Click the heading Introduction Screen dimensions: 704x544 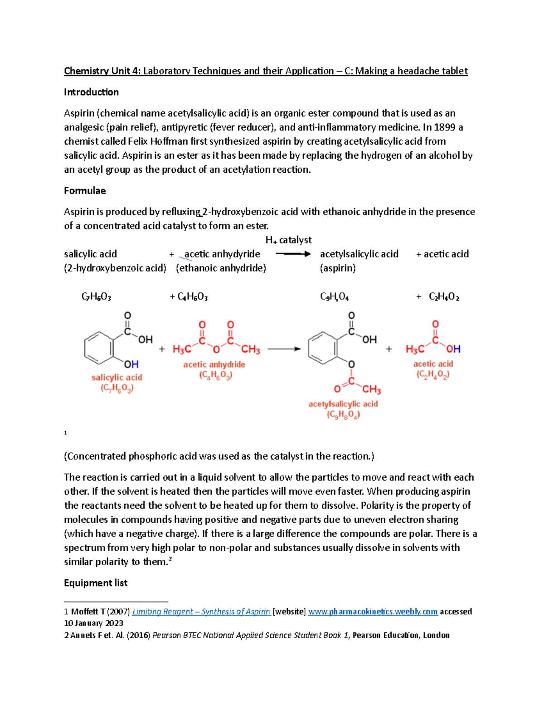pos(91,92)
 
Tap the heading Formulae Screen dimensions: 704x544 pos(85,190)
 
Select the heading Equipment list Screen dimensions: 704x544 pos(96,583)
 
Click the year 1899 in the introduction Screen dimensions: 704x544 pos(444,127)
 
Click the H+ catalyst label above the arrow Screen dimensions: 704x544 pos(288,240)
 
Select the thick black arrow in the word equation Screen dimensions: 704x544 pos(293,254)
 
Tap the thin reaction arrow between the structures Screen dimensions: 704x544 pos(284,349)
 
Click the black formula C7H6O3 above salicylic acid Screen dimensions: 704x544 pos(96,297)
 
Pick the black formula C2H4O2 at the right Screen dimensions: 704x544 pos(444,297)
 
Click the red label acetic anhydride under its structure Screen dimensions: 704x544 pos(214,364)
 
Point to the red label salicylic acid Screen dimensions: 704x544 pos(117,378)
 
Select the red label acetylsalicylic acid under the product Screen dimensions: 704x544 pos(343,404)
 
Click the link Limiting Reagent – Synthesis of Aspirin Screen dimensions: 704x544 pos(201,612)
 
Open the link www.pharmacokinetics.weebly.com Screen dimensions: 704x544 pos(373,612)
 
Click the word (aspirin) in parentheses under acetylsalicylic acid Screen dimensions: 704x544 pos(338,268)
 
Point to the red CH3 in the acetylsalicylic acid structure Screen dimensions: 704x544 pos(371,389)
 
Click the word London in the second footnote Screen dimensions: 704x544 pos(436,635)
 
